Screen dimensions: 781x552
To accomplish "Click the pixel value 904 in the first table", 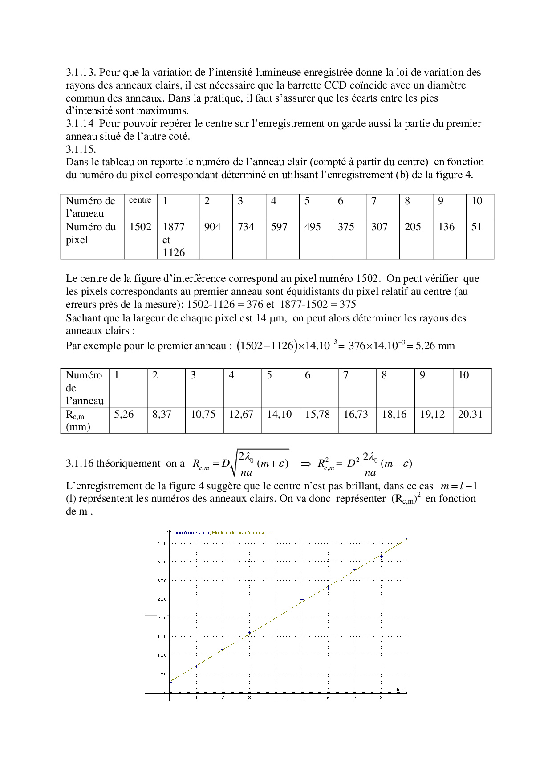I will pyautogui.click(x=212, y=227).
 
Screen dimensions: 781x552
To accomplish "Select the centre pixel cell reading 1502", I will pyautogui.click(x=140, y=227).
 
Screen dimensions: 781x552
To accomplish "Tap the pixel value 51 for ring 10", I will pyautogui.click(x=477, y=227).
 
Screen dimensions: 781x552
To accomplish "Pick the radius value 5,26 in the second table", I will pyautogui.click(x=124, y=415).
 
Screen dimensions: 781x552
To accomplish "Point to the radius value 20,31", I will pyautogui.click(x=470, y=415).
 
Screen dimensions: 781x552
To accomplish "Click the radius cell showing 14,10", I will pyautogui.click(x=279, y=415).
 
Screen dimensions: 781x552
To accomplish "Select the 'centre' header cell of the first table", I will pyautogui.click(x=140, y=200).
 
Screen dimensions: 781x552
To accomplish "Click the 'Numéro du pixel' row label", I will pyautogui.click(x=90, y=233).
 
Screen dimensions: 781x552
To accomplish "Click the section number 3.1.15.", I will pyautogui.click(x=81, y=149).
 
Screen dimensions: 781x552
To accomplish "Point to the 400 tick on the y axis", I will pyautogui.click(x=162, y=543).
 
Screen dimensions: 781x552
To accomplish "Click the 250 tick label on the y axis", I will pyautogui.click(x=162, y=599).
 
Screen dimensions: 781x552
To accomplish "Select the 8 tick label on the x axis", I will pyautogui.click(x=381, y=698).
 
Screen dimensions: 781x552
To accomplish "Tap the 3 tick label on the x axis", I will pyautogui.click(x=249, y=698).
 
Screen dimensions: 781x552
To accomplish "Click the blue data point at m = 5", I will pyautogui.click(x=302, y=600).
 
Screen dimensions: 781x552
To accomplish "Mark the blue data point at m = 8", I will pyautogui.click(x=381, y=557).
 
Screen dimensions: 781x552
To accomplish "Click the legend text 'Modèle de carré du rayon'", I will pyautogui.click(x=242, y=533).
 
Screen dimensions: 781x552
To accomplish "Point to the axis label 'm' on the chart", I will pyautogui.click(x=397, y=690).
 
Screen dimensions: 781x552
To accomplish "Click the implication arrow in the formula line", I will pyautogui.click(x=306, y=464).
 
